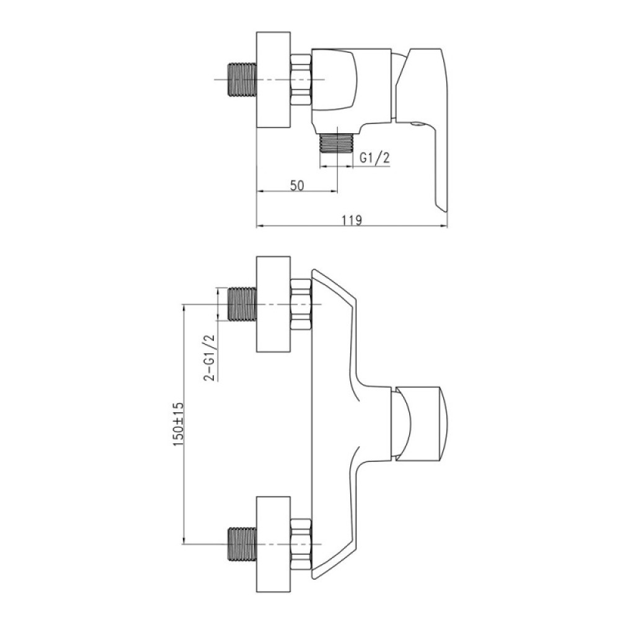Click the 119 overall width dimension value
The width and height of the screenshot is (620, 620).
(x=352, y=220)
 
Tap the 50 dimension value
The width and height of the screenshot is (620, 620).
(x=297, y=185)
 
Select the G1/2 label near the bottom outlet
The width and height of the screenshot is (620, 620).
(x=374, y=157)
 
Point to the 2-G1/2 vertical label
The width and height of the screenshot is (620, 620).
(x=210, y=357)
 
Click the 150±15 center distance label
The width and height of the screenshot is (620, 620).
(x=179, y=425)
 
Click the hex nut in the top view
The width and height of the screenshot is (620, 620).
(x=301, y=80)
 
